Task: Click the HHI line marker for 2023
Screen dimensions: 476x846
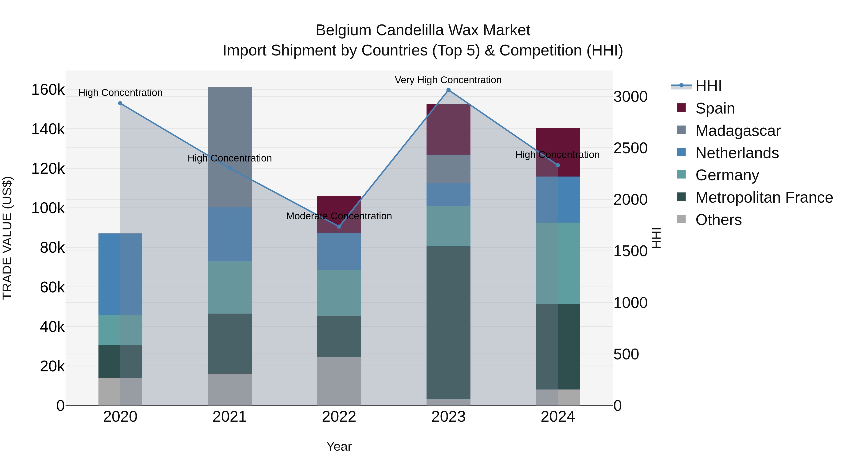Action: coord(448,90)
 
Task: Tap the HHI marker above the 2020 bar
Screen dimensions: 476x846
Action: coord(120,103)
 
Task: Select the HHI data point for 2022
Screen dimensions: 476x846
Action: coord(339,226)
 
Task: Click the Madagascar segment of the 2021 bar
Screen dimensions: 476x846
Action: coord(230,147)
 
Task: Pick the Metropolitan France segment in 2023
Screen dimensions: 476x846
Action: coord(448,323)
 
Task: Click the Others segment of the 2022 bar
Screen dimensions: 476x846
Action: coord(339,381)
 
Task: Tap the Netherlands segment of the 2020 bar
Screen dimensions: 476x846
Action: coord(120,274)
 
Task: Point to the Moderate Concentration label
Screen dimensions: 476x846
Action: coord(339,216)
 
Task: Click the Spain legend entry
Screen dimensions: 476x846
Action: coord(715,108)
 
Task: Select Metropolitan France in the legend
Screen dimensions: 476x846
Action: coord(764,197)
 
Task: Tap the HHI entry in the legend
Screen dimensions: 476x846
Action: coord(708,86)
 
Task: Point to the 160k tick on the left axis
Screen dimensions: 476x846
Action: coord(48,90)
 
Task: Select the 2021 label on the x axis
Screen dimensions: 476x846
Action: coord(230,417)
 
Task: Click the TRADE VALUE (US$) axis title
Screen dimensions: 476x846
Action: coord(7,238)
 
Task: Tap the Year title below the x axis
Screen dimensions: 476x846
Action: coord(339,446)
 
